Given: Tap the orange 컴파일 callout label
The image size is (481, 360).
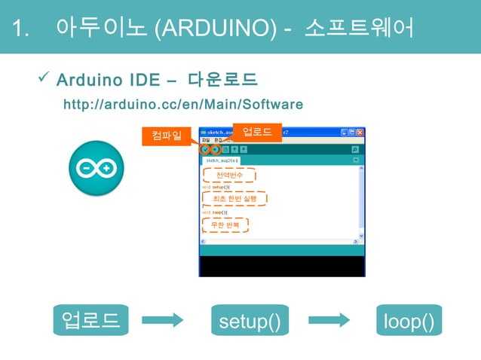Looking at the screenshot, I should (166, 136).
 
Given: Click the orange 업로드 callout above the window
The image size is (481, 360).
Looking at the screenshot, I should (257, 131).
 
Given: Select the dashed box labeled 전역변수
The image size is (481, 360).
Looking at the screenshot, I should (229, 175).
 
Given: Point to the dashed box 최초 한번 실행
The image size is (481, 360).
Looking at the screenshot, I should (234, 199).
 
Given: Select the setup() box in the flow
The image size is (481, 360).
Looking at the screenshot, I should (250, 320).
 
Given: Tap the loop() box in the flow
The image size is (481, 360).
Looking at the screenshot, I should (409, 320).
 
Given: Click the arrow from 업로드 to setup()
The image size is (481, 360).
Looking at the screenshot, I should (162, 320).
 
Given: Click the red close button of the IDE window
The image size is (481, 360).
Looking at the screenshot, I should (360, 132).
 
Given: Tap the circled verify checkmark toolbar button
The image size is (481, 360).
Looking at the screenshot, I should (205, 150).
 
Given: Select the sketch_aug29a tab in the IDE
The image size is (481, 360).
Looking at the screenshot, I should (222, 160).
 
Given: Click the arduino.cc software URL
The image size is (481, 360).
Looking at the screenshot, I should (182, 104).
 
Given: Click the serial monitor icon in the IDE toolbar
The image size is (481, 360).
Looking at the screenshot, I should (355, 150).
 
